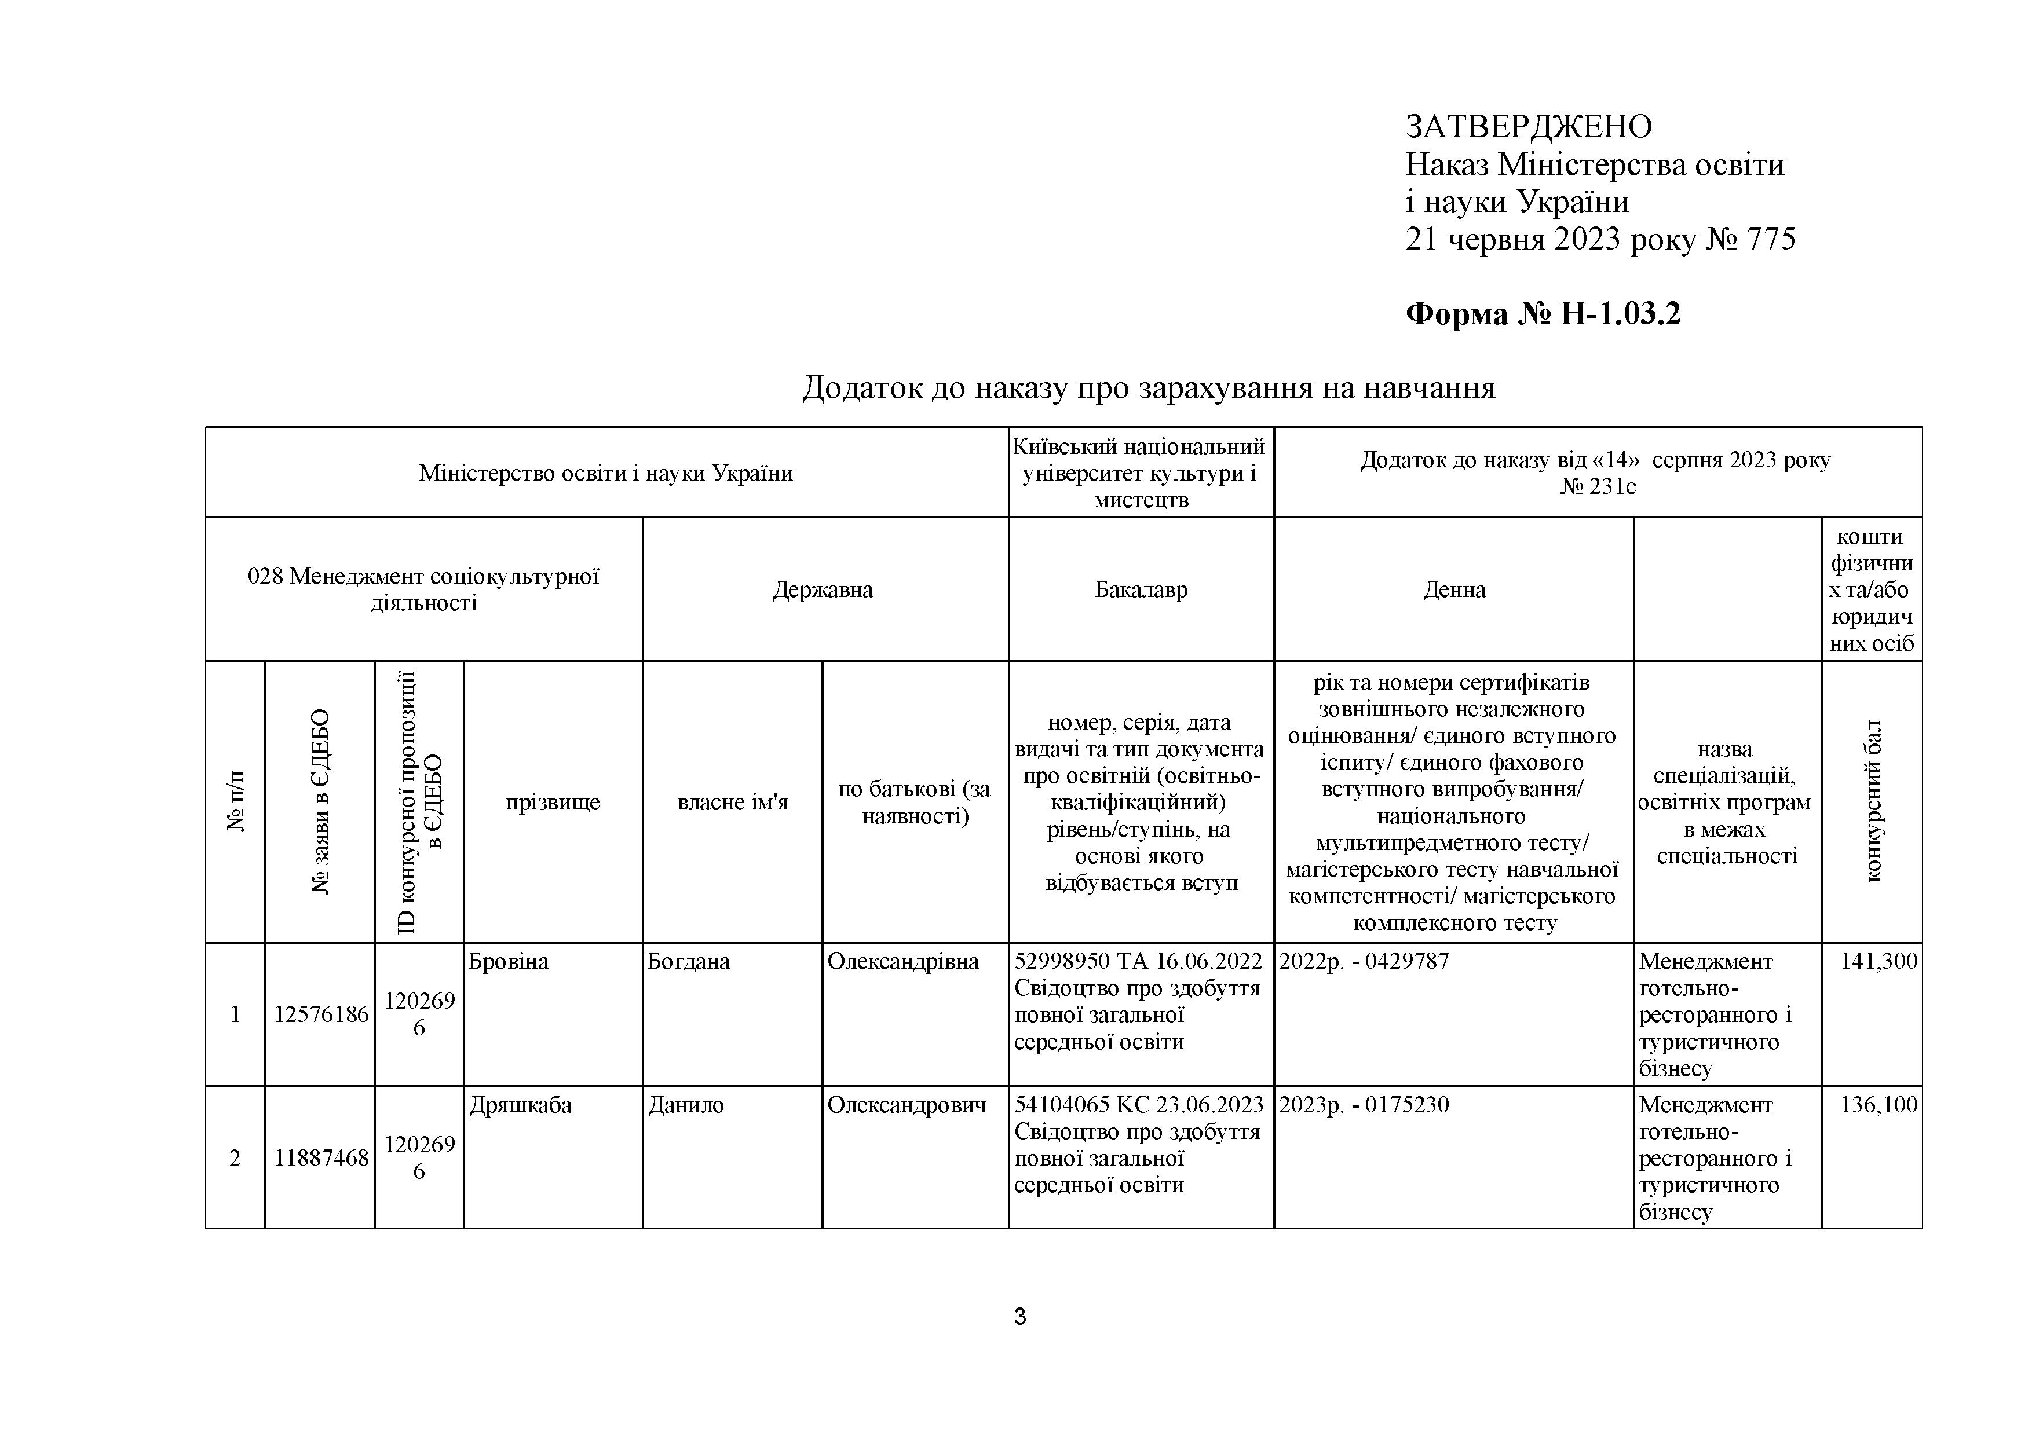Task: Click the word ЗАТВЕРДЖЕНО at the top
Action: pos(1529,127)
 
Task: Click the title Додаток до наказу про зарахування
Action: pos(1148,387)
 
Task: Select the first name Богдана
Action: pos(689,962)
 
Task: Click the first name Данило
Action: pos(686,1105)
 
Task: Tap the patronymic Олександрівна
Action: pos(902,962)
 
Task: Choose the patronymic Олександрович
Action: pos(907,1105)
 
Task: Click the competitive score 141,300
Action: pos(1878,962)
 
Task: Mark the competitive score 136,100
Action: pos(1878,1105)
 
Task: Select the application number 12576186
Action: pos(320,1015)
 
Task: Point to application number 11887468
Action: pos(320,1158)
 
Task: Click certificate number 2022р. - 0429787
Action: pos(1364,962)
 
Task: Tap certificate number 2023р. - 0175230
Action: pos(1364,1105)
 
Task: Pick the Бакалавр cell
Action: pos(1141,590)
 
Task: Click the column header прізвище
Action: pos(552,803)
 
